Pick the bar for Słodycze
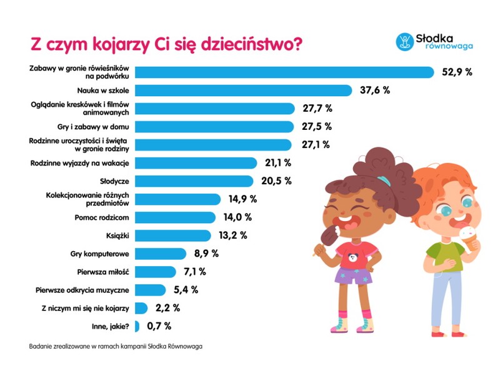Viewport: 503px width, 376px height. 194,181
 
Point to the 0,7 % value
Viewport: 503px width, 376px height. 159,325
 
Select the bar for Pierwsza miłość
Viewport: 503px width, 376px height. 156,272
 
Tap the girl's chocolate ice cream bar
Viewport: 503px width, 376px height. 327,237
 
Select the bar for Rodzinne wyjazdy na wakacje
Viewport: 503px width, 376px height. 196,163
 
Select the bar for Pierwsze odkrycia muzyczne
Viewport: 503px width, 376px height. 151,290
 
